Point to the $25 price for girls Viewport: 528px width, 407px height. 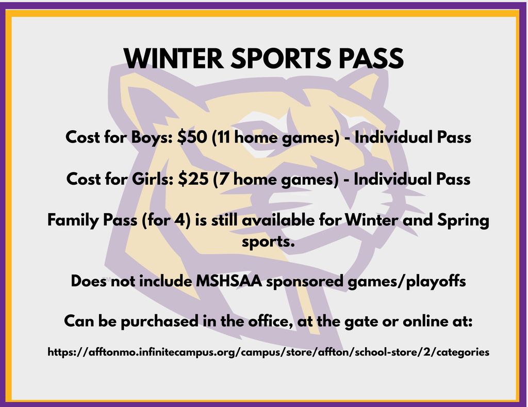191,179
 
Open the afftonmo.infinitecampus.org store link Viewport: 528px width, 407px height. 268,352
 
